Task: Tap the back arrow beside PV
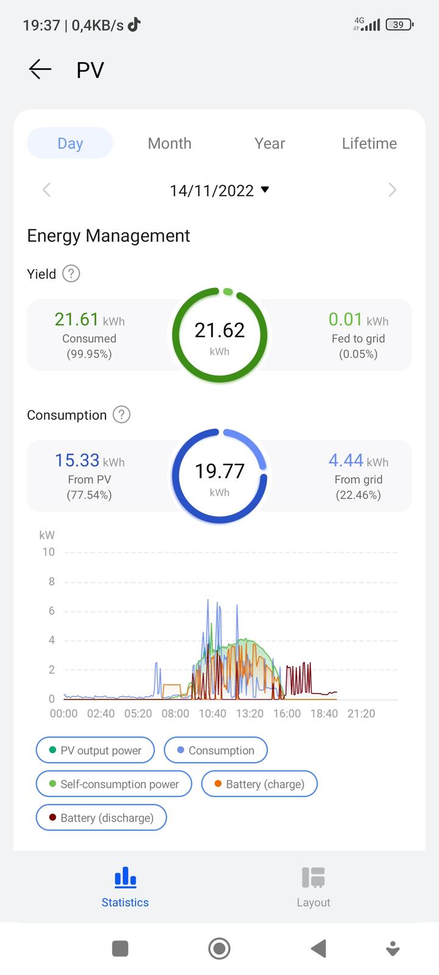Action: [40, 69]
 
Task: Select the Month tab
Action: [170, 143]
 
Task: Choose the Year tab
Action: [269, 143]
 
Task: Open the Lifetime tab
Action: [369, 143]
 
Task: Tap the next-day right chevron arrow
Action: [392, 190]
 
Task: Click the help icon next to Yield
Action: [71, 274]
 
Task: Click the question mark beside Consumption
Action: [122, 415]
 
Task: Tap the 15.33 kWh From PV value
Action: [89, 461]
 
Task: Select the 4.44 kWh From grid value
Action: [358, 461]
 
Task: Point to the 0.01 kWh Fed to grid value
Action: [358, 320]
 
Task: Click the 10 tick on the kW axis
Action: [48, 552]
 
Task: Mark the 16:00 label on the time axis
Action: [287, 714]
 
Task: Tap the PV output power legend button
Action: [95, 750]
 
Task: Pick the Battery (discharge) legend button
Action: [101, 818]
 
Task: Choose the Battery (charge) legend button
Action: [259, 784]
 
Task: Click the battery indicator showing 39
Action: [399, 25]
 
